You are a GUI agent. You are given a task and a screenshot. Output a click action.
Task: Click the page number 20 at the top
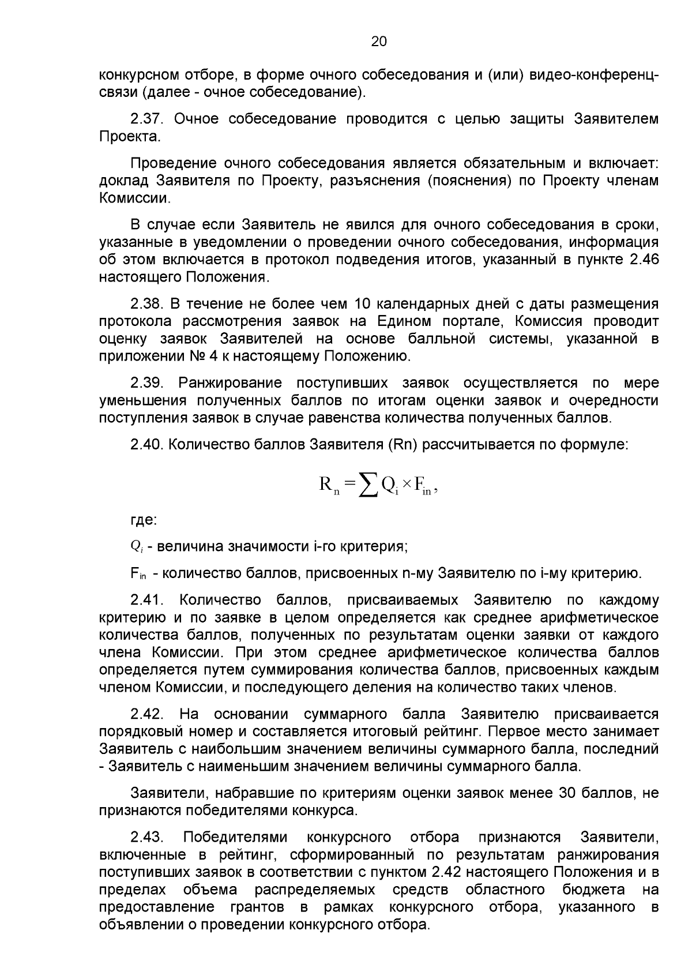point(378,42)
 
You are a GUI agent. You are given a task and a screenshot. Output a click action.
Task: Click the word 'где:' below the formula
point(144,520)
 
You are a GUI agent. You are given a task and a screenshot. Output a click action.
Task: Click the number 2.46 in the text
point(644,260)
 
